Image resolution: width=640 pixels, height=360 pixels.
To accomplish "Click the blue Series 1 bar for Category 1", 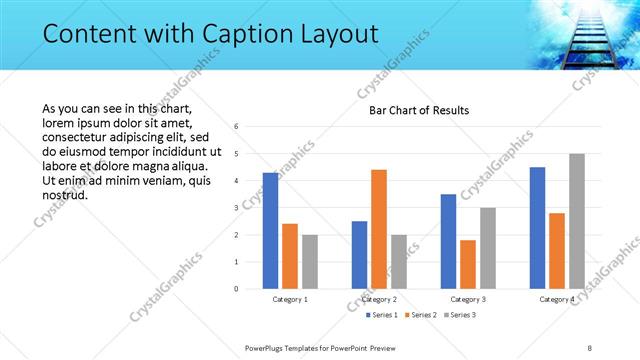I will tap(270, 230).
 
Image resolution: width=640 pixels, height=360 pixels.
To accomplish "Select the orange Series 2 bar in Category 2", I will tap(379, 229).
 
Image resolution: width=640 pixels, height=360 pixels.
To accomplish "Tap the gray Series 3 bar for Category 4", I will tap(577, 221).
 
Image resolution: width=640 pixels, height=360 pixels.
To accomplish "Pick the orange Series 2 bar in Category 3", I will tap(468, 264).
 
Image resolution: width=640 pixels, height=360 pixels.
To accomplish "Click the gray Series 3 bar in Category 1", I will tap(310, 262).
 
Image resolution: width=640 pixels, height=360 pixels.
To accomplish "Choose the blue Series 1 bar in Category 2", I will tap(359, 255).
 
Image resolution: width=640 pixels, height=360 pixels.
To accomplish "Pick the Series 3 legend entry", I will tap(459, 315).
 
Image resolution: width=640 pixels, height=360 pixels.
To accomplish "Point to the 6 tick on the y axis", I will tap(236, 127).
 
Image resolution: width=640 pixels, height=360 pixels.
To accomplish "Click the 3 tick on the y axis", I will tap(236, 208).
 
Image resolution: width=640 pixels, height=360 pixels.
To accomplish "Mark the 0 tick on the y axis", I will tap(236, 289).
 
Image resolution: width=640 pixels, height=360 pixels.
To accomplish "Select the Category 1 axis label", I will tap(290, 299).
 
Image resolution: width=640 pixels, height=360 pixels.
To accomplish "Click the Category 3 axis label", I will tap(468, 299).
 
